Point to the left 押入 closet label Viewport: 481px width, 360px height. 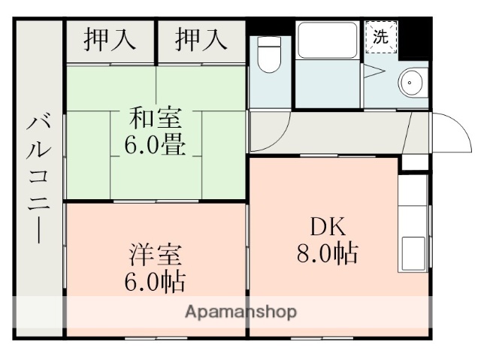click(110, 40)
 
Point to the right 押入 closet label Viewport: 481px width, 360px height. click(201, 40)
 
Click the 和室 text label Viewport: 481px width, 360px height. click(156, 119)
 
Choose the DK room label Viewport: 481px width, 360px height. click(325, 225)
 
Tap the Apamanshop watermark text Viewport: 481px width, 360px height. click(240, 311)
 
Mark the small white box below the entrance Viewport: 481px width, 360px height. click(413, 162)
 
